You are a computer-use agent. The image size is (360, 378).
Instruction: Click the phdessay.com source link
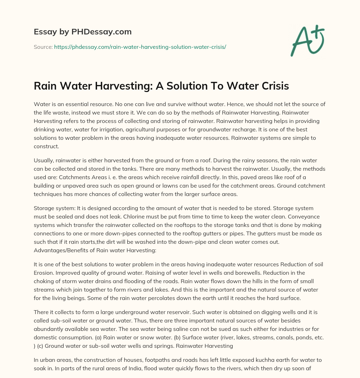click(x=140, y=47)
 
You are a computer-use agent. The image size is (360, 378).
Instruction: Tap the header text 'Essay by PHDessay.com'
click(x=83, y=32)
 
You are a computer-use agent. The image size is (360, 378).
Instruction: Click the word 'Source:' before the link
click(x=43, y=47)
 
